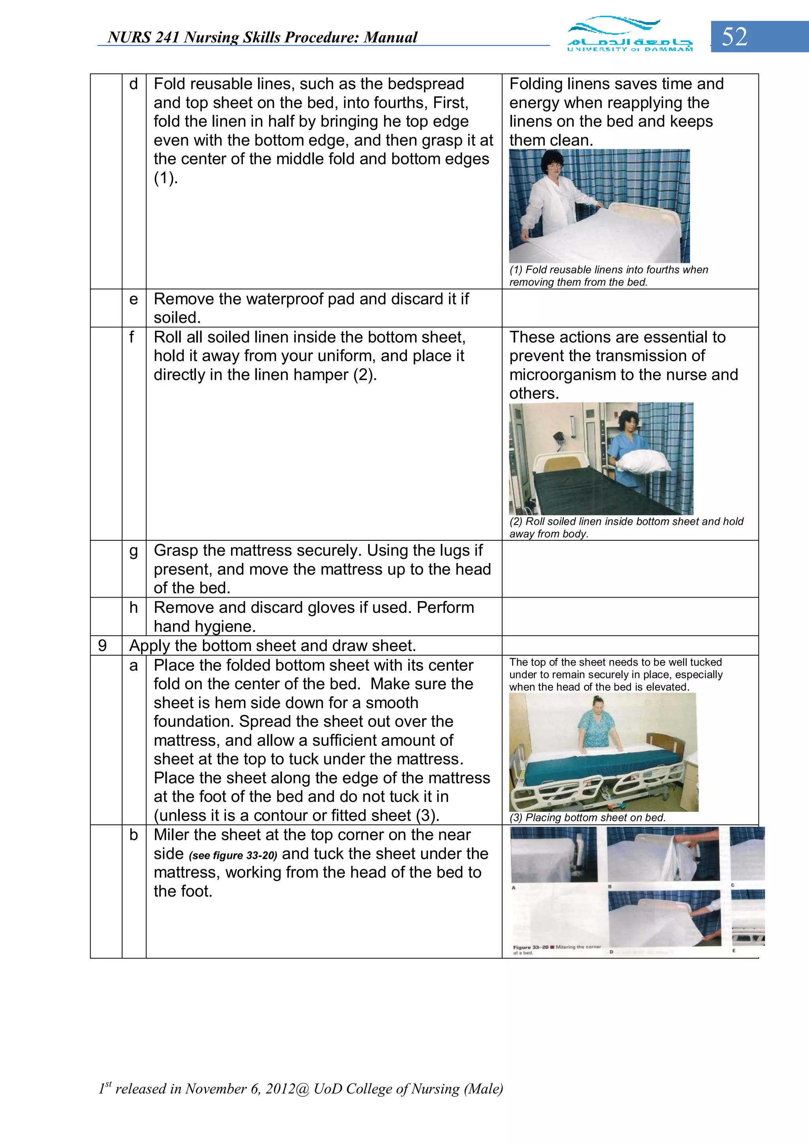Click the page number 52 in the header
[x=734, y=37]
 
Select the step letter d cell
[x=134, y=84]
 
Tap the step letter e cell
[x=134, y=299]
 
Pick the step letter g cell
[x=134, y=551]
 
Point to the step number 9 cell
[x=102, y=646]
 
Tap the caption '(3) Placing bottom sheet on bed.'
[x=587, y=817]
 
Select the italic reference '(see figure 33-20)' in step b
[x=233, y=856]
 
